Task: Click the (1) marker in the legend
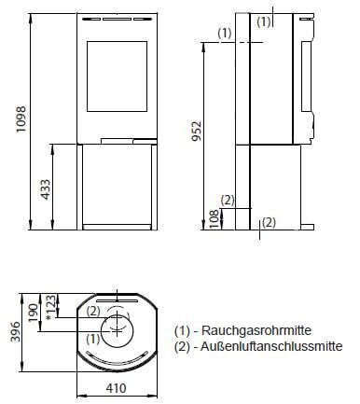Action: pyautogui.click(x=183, y=331)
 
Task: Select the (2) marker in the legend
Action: pyautogui.click(x=183, y=347)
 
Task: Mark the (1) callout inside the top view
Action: pyautogui.click(x=92, y=340)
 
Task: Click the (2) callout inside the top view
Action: pyautogui.click(x=92, y=312)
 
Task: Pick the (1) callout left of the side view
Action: pyautogui.click(x=225, y=32)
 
